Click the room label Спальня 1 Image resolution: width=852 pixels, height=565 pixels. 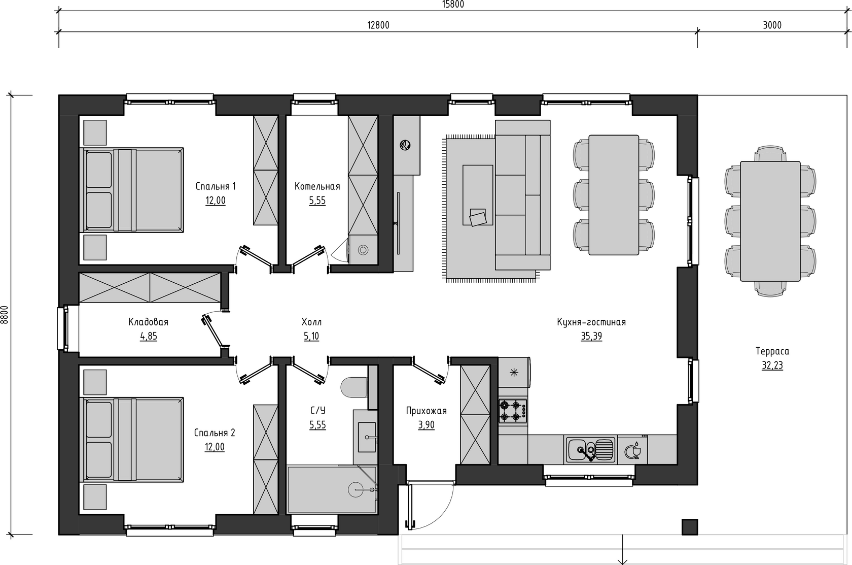tap(216, 186)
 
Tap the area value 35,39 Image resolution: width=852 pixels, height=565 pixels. tap(591, 336)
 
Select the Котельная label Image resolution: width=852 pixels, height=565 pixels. tap(317, 186)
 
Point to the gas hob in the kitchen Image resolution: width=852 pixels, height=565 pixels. tap(513, 411)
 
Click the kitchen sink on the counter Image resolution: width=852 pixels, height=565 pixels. tap(591, 450)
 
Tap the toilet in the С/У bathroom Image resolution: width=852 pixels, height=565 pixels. tap(354, 388)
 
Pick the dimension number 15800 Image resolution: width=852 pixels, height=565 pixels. tap(453, 5)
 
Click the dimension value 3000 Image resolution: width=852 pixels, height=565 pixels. tap(772, 25)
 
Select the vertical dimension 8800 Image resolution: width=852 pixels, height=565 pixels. tap(5, 315)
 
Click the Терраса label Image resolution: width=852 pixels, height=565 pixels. tap(772, 351)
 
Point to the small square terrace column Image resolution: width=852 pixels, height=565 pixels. tap(690, 527)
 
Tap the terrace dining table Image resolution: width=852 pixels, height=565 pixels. tap(770, 221)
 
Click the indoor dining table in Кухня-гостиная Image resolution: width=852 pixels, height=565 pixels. tap(614, 195)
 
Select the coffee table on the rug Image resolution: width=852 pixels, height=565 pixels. tap(478, 195)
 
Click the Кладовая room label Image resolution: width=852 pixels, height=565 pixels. tap(148, 322)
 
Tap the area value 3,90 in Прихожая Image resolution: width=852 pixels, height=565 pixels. tap(427, 425)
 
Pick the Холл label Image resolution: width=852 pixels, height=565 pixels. tap(311, 322)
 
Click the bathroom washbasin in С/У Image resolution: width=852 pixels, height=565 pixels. tap(367, 437)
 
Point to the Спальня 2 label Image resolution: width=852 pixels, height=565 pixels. tap(215, 433)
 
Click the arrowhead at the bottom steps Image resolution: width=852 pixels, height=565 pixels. tap(622, 561)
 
